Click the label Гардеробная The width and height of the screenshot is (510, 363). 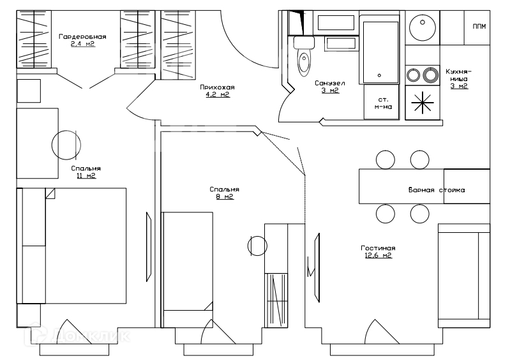[x=82, y=37]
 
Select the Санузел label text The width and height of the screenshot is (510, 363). [x=330, y=83]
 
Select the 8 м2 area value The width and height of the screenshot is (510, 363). [x=225, y=196]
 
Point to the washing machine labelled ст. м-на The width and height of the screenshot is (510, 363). [x=382, y=103]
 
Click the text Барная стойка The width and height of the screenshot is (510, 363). [x=437, y=190]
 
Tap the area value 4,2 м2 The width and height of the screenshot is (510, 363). [x=217, y=94]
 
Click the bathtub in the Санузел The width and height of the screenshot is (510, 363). [x=381, y=51]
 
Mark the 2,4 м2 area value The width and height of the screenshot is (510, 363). [x=82, y=45]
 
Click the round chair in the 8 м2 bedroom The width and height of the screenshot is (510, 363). [x=257, y=244]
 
